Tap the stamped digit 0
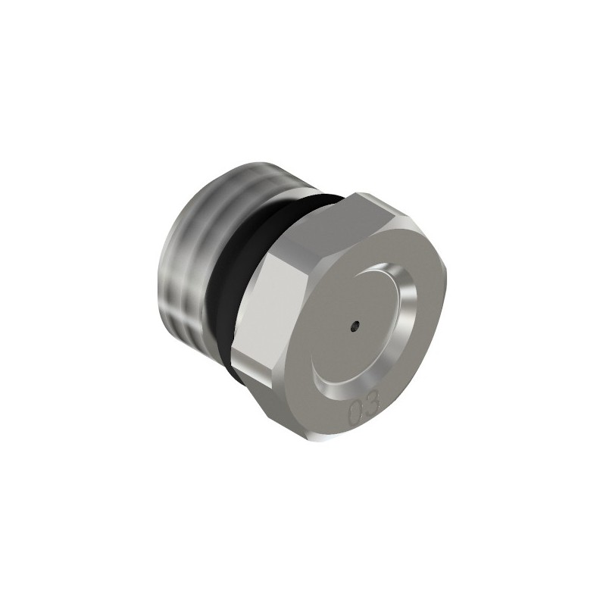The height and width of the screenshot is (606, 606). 355,413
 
